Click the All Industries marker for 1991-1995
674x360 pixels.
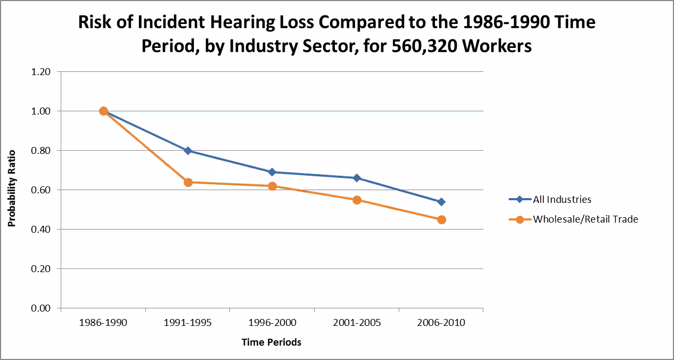point(188,151)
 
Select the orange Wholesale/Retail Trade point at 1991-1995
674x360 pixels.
point(188,182)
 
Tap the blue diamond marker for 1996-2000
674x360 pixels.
point(272,172)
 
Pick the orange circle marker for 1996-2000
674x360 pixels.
point(272,186)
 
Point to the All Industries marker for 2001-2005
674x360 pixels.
point(357,178)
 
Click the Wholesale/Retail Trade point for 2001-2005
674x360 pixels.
point(357,200)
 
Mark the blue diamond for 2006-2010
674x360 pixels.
point(441,202)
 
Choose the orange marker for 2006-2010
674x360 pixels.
point(441,219)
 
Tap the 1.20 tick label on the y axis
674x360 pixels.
point(42,72)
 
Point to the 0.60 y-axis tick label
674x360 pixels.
point(42,190)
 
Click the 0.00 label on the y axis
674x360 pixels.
point(42,308)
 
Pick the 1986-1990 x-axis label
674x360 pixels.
point(103,323)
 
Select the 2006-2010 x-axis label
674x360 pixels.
point(441,323)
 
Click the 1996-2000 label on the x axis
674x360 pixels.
point(272,323)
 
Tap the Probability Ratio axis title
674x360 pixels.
point(12,188)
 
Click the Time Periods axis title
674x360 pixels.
point(272,342)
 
